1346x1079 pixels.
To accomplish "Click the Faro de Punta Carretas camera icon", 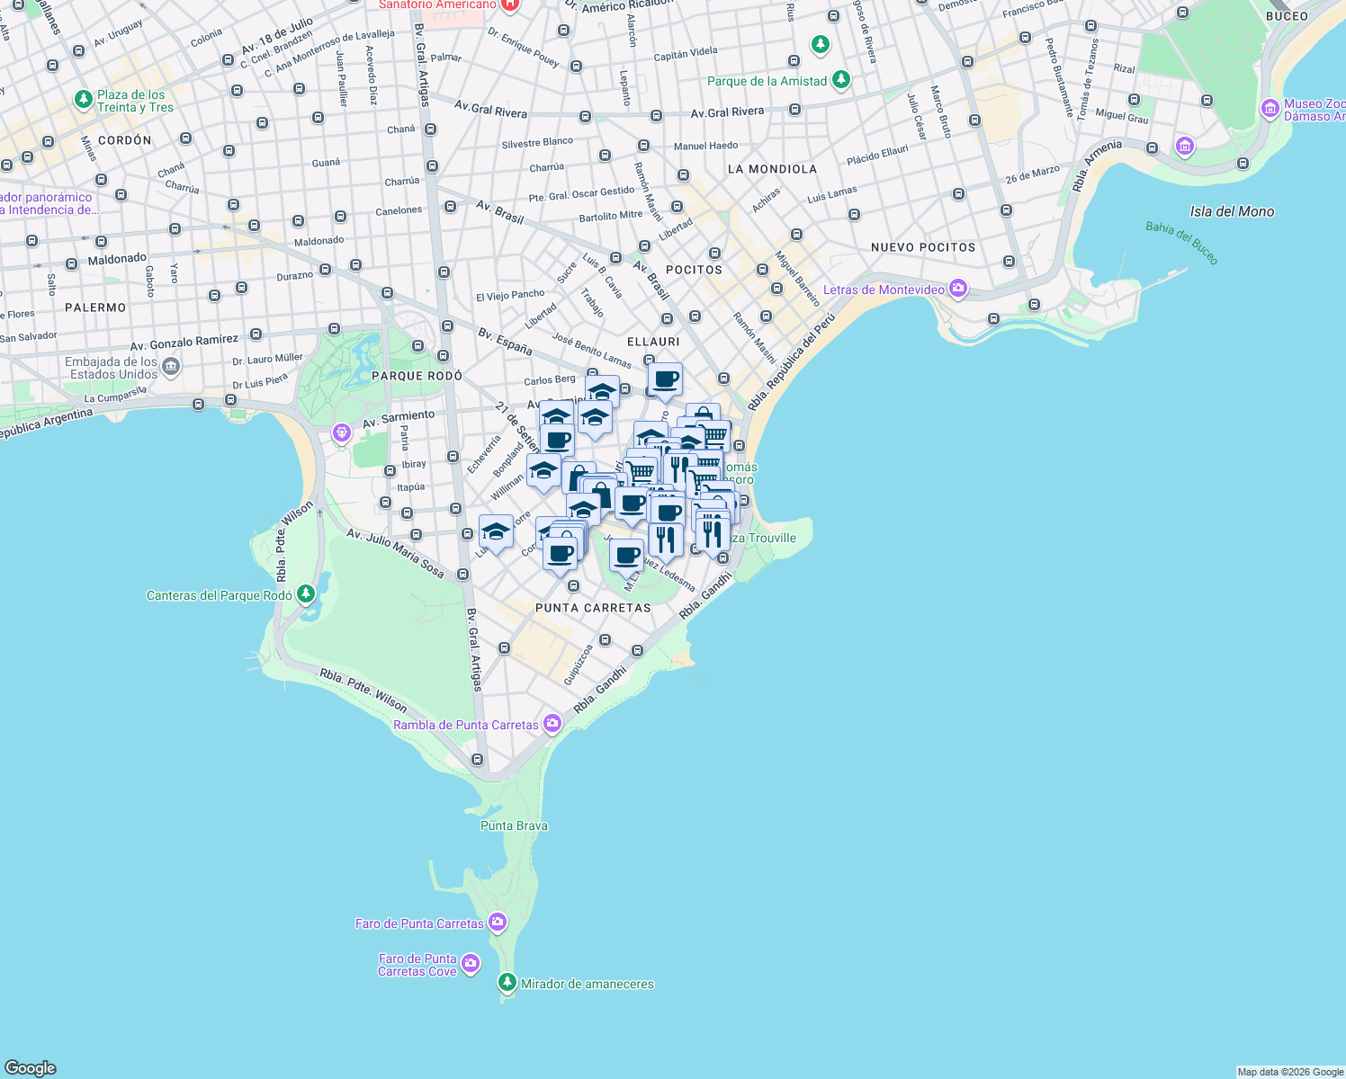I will point(498,923).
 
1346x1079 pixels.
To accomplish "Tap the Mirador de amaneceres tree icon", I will point(508,983).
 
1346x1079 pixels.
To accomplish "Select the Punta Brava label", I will point(514,825).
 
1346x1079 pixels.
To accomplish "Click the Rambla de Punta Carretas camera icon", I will point(552,724).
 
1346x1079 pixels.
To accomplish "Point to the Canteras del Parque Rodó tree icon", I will point(306,594).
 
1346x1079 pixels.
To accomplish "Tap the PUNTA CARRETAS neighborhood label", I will point(593,608).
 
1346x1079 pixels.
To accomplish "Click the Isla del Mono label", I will point(1232,211).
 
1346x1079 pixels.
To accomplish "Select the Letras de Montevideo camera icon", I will point(958,289).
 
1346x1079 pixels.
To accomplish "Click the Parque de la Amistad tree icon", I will point(840,80).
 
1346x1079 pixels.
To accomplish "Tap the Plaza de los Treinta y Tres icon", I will point(84,100).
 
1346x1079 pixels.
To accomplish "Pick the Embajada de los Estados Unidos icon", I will point(171,367).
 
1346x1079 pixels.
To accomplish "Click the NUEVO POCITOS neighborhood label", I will point(923,247).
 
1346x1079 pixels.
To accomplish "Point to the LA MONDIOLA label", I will point(772,169).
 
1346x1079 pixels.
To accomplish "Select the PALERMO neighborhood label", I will point(95,308).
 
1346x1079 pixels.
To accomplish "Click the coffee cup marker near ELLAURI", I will point(665,379).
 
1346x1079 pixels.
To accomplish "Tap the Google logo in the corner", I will point(31,1067).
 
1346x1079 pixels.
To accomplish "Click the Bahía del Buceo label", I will point(1181,243).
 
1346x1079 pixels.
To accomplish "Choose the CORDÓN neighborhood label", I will point(124,140).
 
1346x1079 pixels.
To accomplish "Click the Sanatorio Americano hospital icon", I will point(510,4).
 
